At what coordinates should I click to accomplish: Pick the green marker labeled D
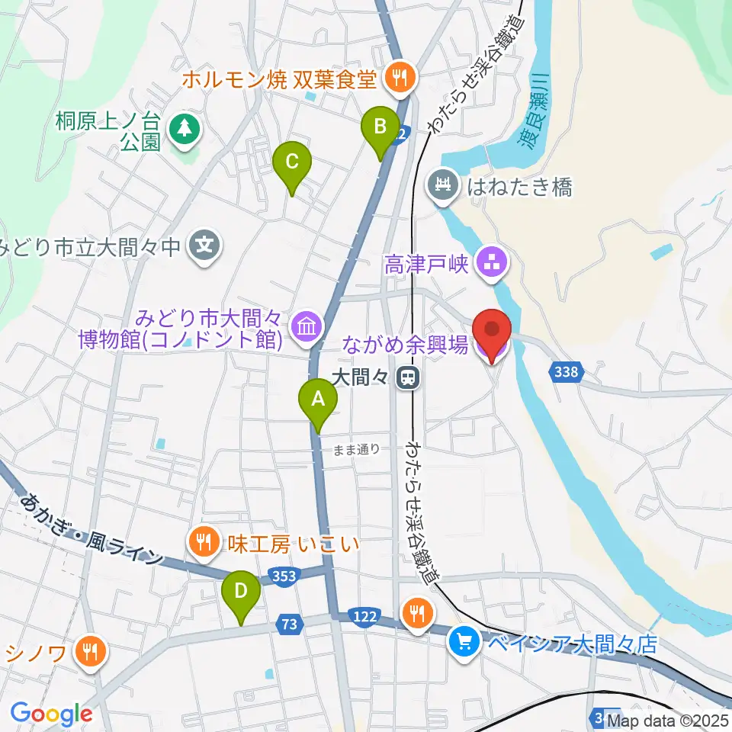(x=241, y=592)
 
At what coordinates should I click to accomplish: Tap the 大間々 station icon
(x=410, y=376)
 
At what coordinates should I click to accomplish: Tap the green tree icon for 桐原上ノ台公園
(x=184, y=127)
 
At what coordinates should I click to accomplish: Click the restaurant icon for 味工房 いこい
(x=202, y=542)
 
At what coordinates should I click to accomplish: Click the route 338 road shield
(x=565, y=372)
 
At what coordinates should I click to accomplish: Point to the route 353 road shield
(x=284, y=576)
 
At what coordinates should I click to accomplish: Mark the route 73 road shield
(x=287, y=624)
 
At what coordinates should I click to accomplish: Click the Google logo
(x=51, y=714)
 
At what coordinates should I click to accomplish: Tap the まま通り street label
(x=356, y=449)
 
